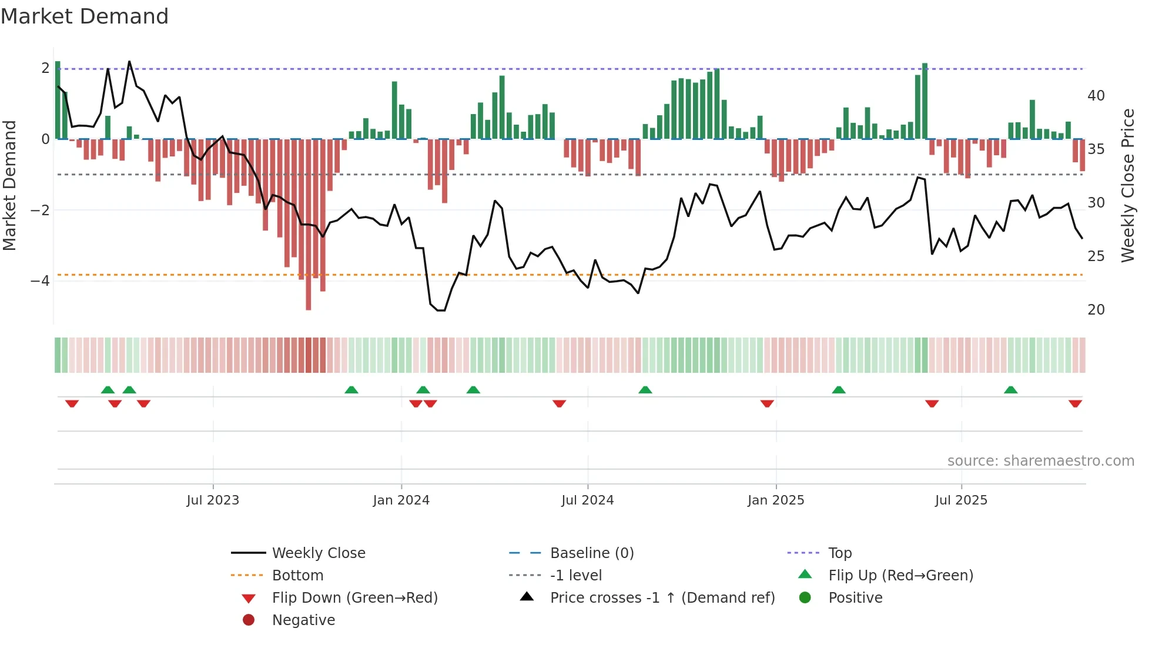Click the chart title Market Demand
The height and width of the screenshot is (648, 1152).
85,16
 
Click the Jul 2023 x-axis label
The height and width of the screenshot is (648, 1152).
213,500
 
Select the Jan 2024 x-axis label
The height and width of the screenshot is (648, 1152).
401,500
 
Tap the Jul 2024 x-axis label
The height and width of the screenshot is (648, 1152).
588,500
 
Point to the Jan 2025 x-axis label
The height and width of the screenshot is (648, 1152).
776,500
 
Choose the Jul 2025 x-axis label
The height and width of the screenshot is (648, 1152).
962,500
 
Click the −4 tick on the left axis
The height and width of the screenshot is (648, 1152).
40,281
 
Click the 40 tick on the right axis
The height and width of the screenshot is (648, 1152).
1096,96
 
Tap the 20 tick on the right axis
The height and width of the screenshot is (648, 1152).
1096,310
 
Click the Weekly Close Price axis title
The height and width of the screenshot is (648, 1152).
1128,185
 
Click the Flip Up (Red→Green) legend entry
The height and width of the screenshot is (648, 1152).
900,576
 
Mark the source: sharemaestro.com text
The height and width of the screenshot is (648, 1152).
1040,461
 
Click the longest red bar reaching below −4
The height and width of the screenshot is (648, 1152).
309,235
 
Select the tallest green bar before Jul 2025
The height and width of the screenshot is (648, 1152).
925,101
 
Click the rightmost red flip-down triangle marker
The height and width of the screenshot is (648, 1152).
1076,404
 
